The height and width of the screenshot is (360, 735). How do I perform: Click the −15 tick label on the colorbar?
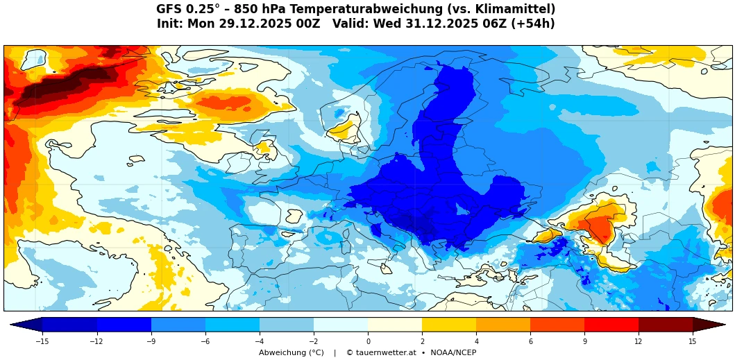point(42,341)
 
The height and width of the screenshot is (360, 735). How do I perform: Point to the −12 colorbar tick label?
point(96,341)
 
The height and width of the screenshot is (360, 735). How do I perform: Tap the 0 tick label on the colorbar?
point(368,341)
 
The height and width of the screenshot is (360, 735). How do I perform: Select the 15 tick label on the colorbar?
point(693,341)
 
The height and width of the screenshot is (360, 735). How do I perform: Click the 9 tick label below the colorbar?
point(584,341)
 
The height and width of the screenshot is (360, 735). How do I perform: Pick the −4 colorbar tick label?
point(259,341)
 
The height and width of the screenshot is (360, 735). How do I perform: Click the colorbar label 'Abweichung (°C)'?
point(292,352)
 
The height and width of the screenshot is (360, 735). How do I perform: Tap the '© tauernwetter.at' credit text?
point(381,352)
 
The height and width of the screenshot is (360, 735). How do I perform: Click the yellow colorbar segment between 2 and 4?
point(449,325)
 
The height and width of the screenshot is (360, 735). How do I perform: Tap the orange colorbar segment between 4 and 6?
point(503,325)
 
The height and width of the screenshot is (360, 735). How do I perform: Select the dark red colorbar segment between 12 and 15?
point(666,325)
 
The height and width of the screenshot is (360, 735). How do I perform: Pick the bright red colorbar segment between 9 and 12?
point(611,325)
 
